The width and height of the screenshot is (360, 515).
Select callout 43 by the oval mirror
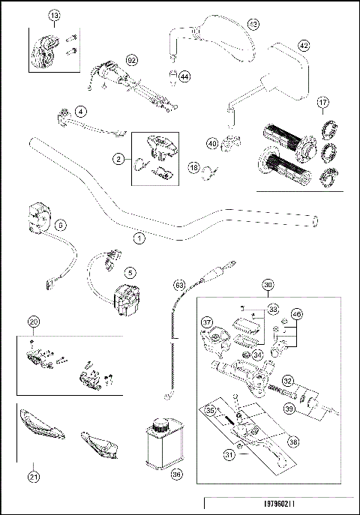click(x=253, y=25)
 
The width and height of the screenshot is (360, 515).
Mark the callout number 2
click(x=118, y=158)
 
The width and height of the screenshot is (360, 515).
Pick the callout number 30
click(x=268, y=285)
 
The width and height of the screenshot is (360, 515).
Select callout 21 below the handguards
click(x=33, y=475)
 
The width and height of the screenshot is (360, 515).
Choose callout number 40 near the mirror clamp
click(x=212, y=142)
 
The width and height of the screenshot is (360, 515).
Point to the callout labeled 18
click(x=193, y=169)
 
